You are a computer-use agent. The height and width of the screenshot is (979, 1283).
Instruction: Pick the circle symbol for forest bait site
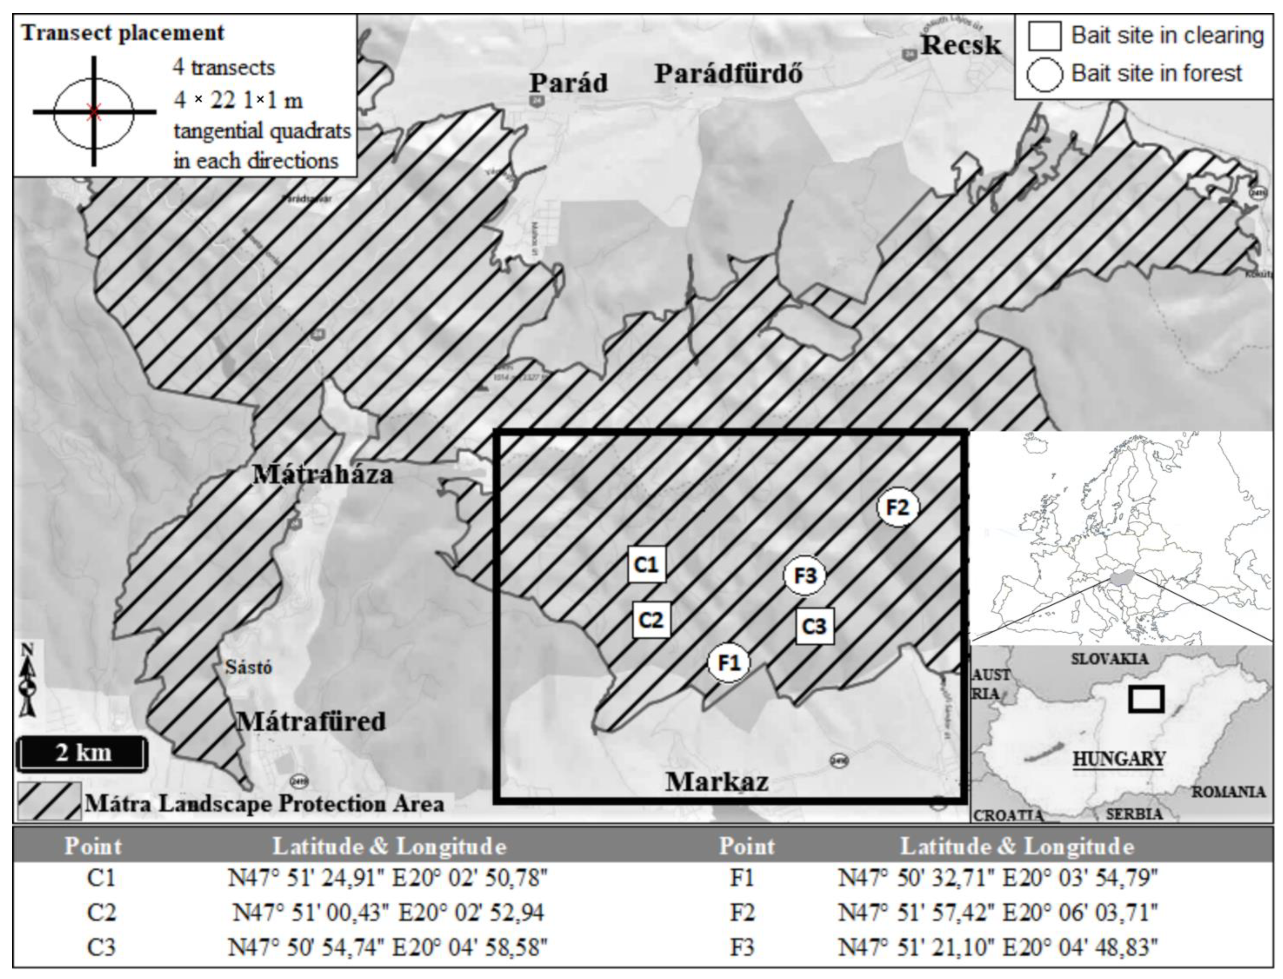1044,74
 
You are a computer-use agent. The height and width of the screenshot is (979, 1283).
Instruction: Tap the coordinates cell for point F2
997,912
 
